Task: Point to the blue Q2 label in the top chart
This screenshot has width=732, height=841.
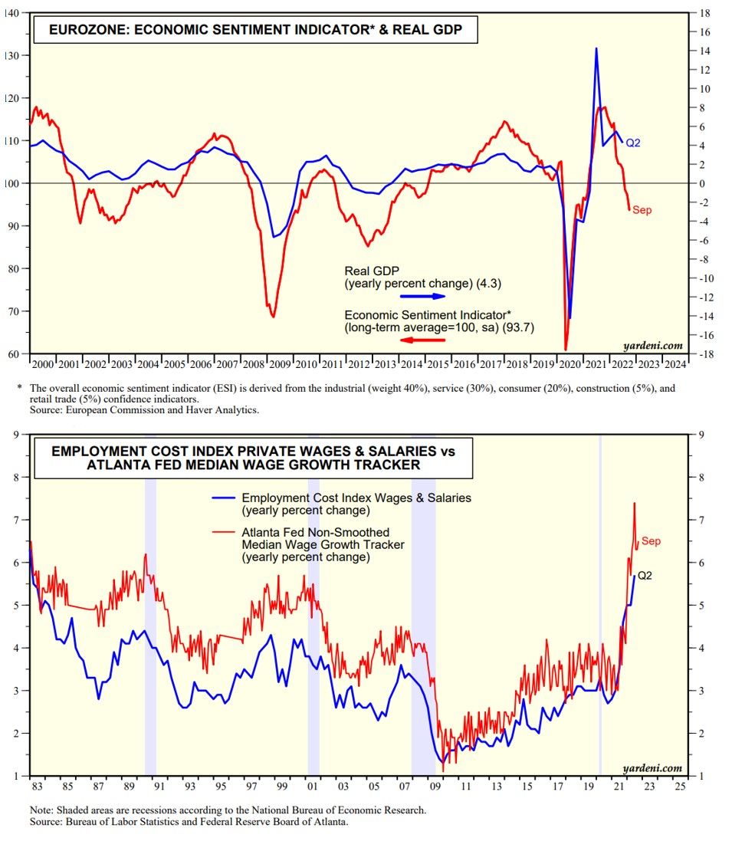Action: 633,143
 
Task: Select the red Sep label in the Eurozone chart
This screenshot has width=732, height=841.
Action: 642,209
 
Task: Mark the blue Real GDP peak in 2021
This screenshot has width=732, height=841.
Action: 596,48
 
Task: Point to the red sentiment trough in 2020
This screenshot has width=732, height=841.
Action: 566,350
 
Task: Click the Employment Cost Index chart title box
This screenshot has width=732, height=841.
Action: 252,458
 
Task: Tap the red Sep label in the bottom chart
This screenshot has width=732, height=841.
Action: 651,541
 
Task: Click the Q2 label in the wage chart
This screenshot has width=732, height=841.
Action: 645,575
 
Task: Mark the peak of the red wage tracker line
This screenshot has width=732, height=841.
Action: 634,503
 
